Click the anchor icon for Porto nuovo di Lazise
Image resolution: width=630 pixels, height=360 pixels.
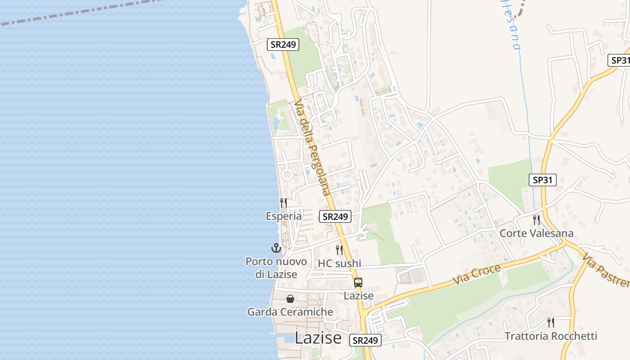[x=276, y=248]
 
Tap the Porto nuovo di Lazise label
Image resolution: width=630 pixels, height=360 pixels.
[x=276, y=268]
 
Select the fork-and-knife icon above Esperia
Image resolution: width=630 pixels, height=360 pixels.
[x=283, y=203]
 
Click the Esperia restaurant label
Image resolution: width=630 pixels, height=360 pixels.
[x=283, y=216]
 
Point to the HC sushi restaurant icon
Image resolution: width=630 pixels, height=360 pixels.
[x=339, y=250]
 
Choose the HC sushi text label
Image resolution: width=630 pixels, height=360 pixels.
[x=339, y=263]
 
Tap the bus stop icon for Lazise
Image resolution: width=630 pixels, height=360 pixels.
[x=358, y=283]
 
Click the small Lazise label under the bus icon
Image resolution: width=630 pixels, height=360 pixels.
[x=358, y=296]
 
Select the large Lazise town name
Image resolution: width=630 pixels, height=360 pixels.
[x=318, y=338]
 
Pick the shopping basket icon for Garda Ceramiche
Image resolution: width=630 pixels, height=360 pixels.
[x=290, y=299]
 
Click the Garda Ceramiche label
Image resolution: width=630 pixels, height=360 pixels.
[x=290, y=312]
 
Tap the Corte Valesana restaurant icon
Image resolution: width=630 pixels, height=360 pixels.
[x=536, y=220]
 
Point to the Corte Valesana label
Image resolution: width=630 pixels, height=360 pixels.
[x=536, y=233]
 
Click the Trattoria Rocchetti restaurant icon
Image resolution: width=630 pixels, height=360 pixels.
[x=550, y=323]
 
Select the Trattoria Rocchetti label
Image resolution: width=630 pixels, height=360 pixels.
[x=550, y=336]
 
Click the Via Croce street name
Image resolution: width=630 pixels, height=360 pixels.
[x=477, y=274]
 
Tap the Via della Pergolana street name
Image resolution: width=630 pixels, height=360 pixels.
[x=313, y=147]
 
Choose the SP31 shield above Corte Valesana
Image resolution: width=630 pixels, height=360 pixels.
[x=542, y=180]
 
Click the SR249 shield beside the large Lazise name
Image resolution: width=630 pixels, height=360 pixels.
[x=365, y=340]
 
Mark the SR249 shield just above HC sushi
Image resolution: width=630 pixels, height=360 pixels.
[x=335, y=216]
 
